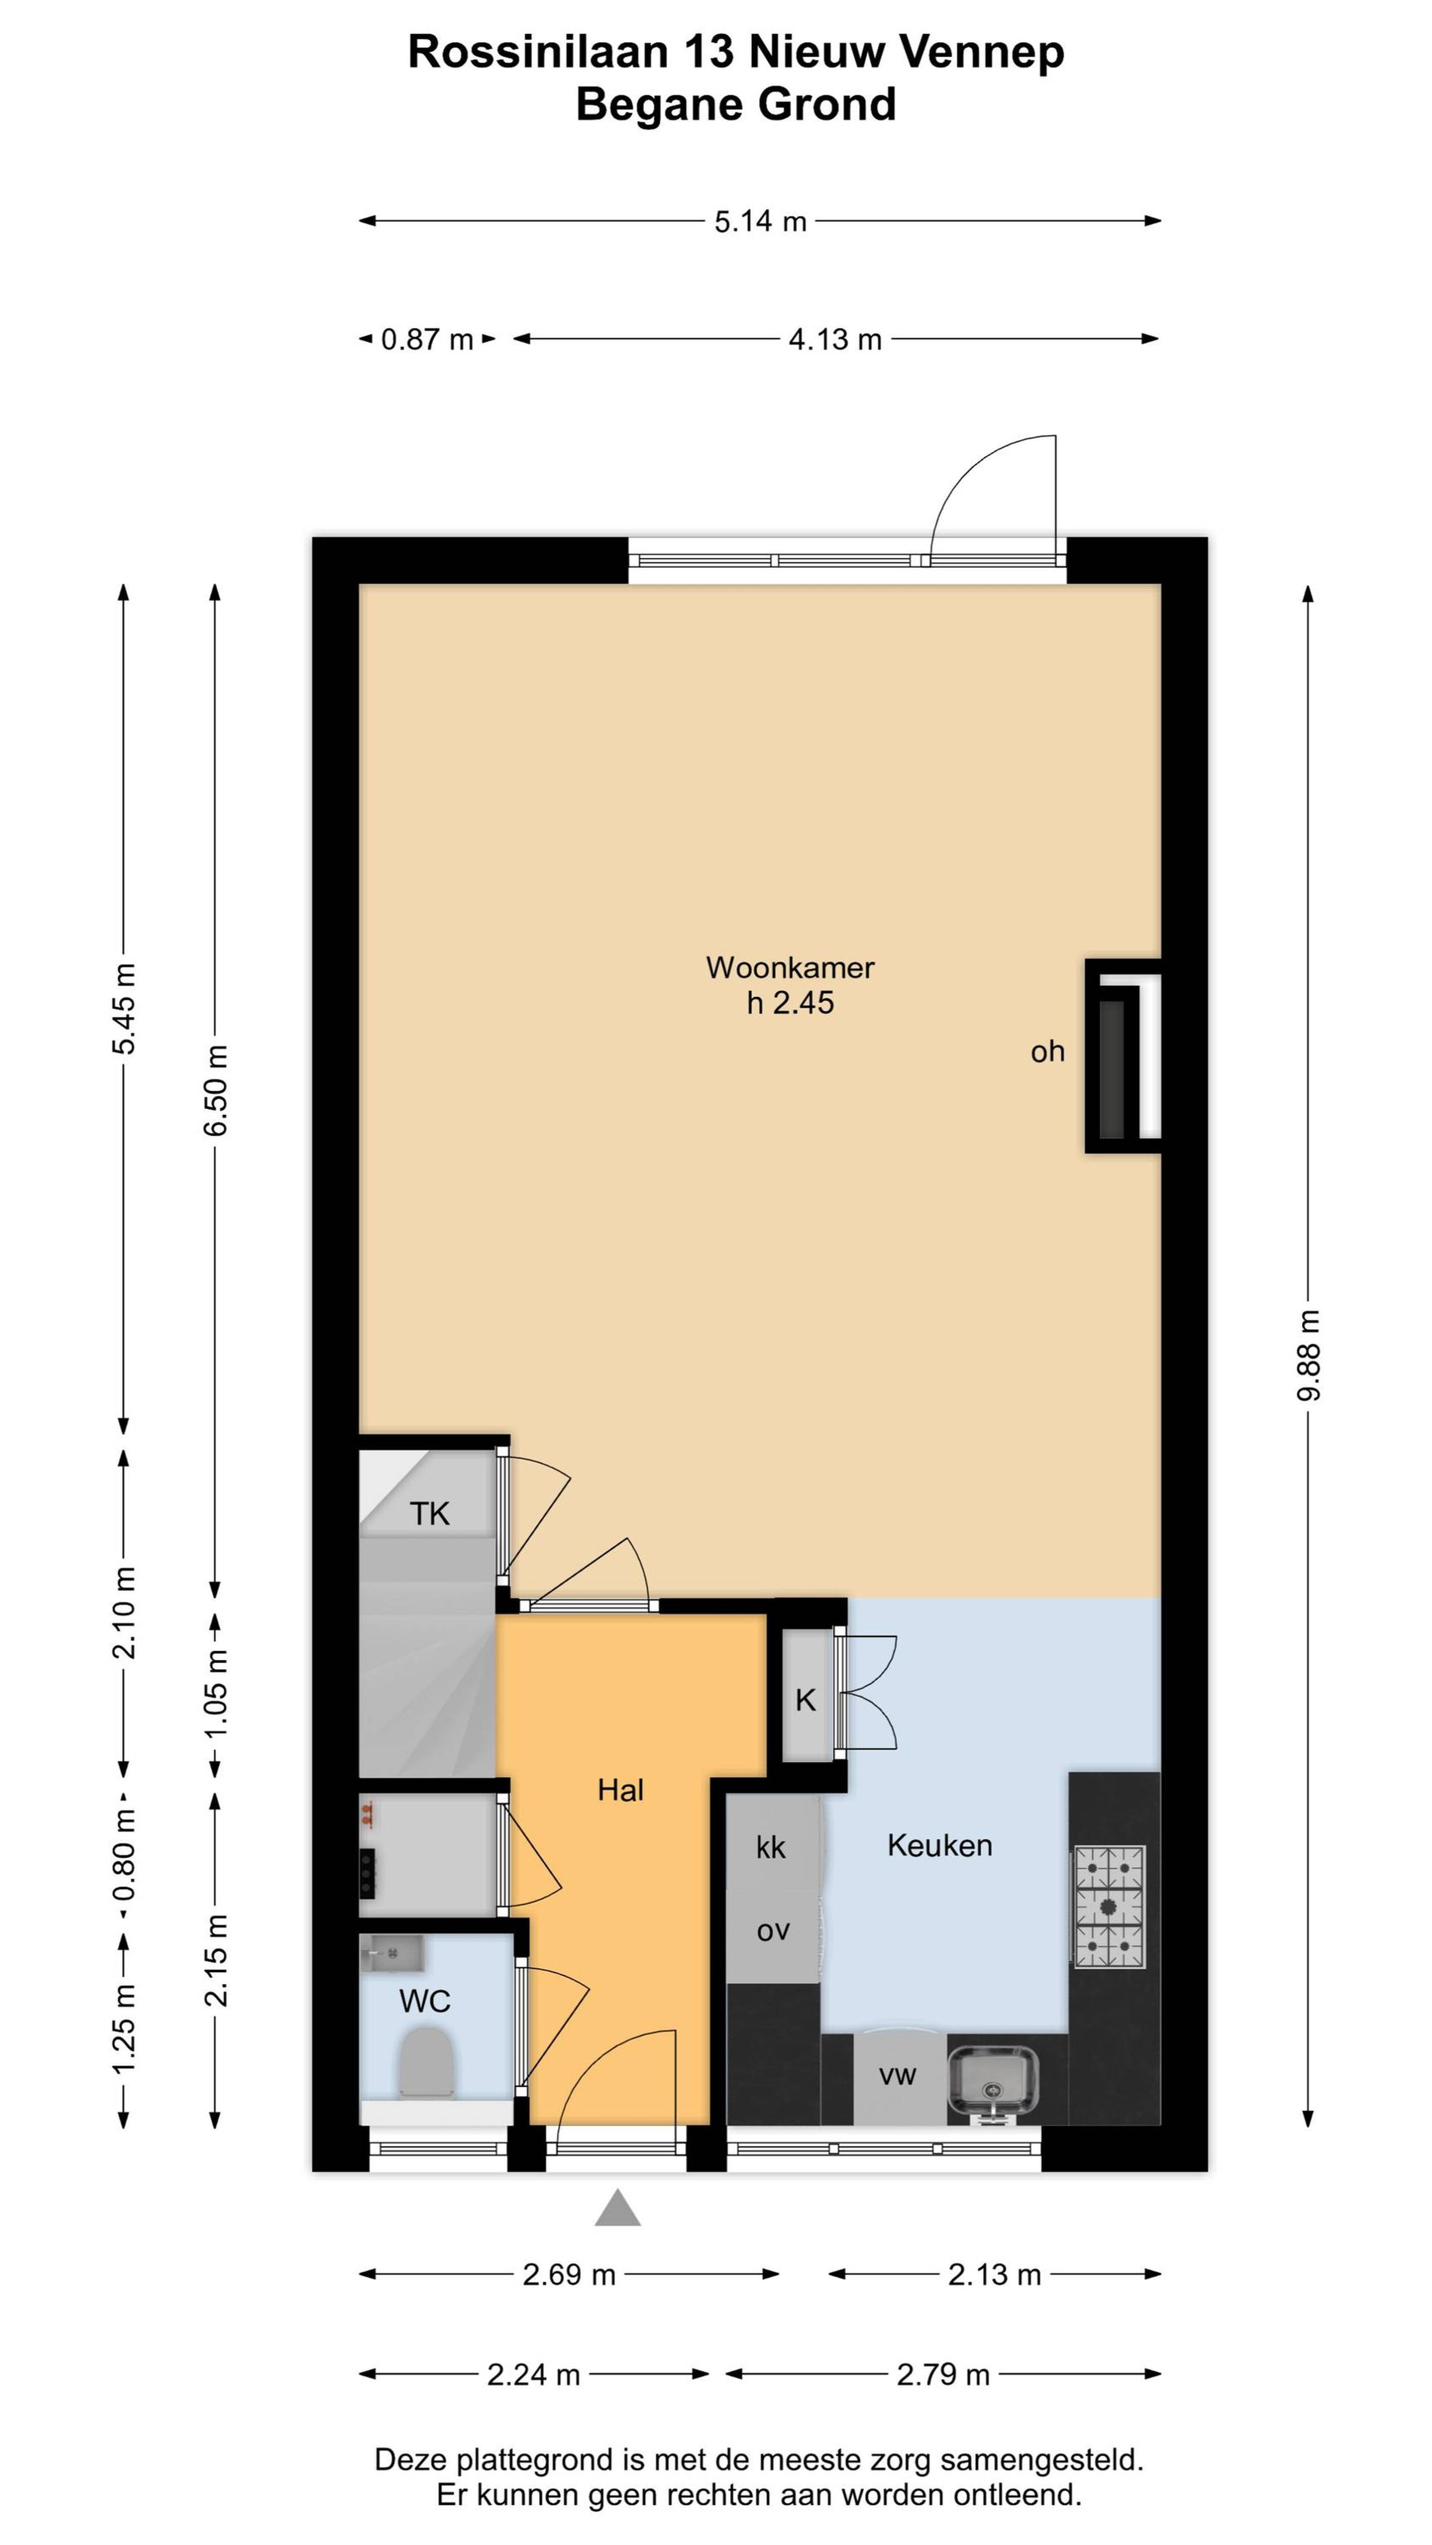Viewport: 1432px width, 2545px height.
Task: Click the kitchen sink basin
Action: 993,2080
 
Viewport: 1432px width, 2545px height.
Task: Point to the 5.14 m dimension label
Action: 760,221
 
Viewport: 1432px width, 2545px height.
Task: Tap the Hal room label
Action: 620,1790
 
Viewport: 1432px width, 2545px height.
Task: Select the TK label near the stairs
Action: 430,1513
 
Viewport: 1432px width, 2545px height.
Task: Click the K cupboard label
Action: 806,1700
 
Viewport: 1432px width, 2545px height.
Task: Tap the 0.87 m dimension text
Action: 428,340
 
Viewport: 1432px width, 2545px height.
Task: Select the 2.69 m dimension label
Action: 569,2275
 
